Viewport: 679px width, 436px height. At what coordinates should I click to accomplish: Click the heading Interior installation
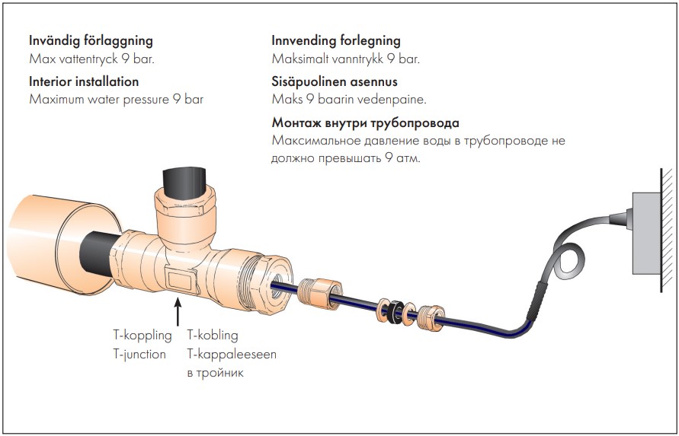84,81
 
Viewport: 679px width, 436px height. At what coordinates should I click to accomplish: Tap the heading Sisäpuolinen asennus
335,81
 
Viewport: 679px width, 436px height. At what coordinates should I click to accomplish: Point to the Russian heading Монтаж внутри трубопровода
366,123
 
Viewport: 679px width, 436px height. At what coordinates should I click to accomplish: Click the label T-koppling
143,336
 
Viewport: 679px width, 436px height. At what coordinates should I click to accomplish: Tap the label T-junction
139,355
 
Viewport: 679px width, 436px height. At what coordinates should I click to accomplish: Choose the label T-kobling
213,336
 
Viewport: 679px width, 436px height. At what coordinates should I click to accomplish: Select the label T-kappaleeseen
232,355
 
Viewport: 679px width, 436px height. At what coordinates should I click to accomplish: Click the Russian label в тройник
215,373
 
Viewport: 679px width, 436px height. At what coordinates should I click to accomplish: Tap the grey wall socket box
647,234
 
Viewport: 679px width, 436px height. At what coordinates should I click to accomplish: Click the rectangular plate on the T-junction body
181,280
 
